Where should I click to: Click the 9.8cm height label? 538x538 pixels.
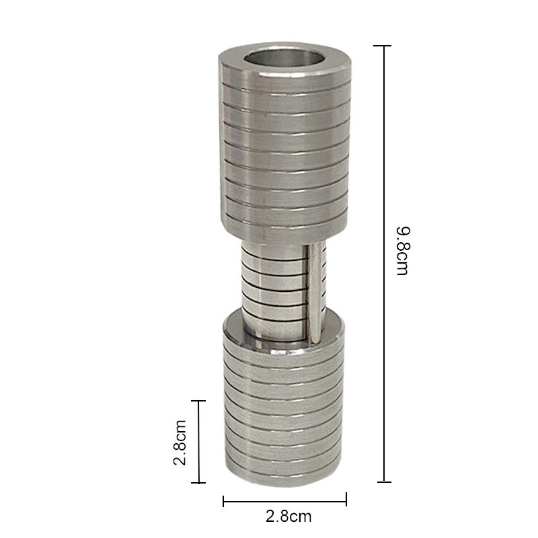pos(402,251)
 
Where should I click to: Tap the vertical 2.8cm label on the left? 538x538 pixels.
pos(180,443)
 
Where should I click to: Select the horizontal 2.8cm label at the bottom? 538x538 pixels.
pos(289,516)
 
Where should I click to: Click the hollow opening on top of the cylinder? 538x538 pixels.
pos(284,59)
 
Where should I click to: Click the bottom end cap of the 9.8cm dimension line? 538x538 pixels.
pos(384,482)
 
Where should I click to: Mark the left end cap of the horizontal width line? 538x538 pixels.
pos(223,501)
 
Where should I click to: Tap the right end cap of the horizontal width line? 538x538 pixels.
pos(346,499)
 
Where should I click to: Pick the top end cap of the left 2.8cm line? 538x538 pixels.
pos(198,401)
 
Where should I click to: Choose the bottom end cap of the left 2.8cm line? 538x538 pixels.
pos(198,483)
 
